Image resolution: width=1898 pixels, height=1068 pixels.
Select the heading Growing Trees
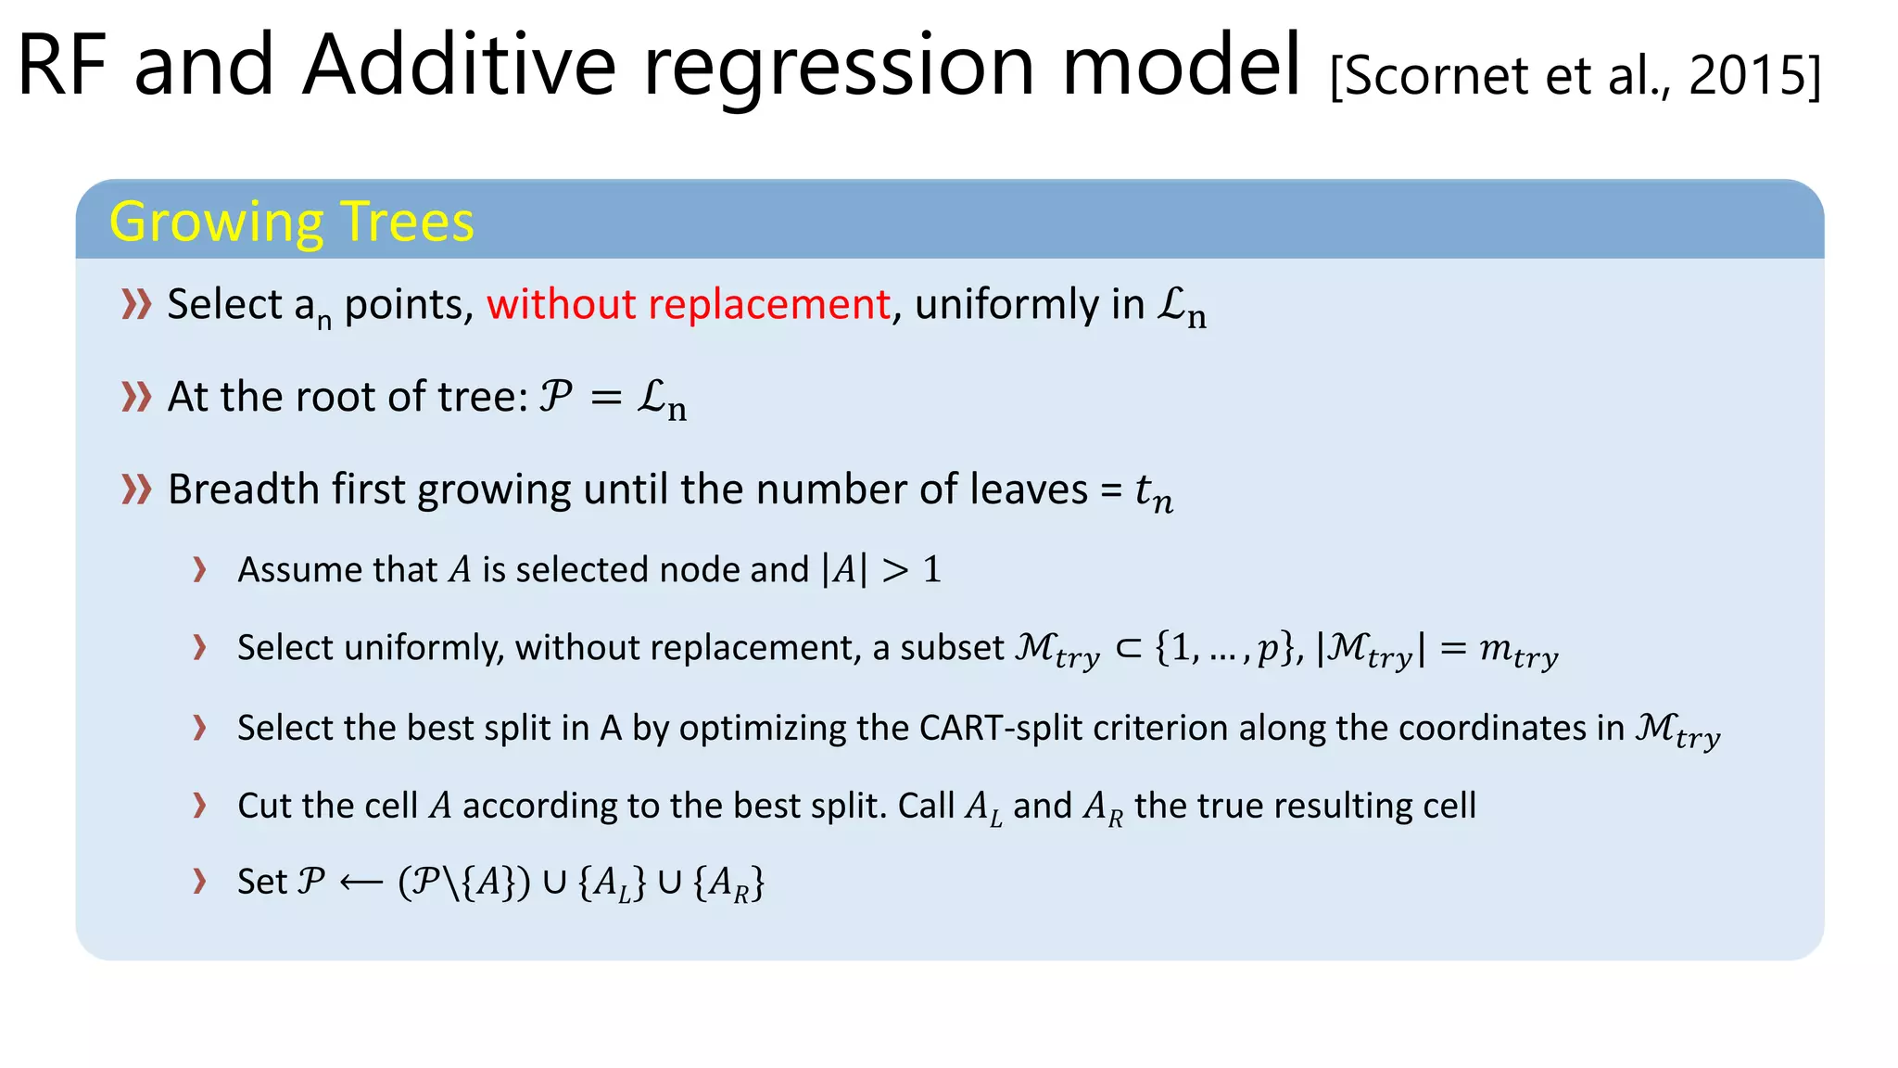[x=291, y=222]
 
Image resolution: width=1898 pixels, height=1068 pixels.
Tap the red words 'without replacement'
[x=688, y=305]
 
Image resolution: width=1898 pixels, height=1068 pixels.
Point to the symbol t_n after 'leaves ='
[x=1154, y=492]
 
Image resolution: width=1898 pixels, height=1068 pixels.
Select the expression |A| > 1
[x=880, y=569]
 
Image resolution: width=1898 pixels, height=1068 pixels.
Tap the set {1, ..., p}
[x=1223, y=647]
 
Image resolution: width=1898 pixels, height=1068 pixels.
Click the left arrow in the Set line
[x=361, y=883]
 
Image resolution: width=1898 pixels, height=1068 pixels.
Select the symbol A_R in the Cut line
[x=1102, y=807]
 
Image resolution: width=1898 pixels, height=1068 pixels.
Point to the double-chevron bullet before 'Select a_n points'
[x=136, y=304]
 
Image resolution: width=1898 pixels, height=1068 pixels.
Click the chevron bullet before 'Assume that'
[x=199, y=569]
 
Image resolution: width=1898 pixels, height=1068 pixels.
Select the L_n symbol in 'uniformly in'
[x=1182, y=307]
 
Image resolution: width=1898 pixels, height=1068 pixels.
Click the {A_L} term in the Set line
[x=612, y=883]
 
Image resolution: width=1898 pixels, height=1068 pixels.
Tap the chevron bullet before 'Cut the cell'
[x=199, y=805]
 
